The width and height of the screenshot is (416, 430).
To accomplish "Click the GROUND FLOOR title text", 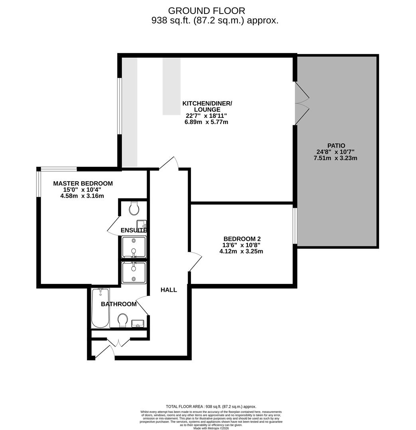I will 206,11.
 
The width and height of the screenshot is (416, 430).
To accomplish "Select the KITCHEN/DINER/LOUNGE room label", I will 207,106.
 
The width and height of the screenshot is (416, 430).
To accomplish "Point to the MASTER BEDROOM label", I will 83,184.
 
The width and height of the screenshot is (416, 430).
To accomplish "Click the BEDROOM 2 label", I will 242,239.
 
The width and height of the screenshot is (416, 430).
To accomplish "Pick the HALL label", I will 169,290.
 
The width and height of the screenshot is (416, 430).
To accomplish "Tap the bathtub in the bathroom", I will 100,308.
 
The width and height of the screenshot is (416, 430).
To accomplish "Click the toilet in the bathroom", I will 123,320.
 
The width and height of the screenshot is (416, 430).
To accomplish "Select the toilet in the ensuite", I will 134,208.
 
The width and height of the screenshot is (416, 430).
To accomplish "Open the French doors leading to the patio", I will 302,104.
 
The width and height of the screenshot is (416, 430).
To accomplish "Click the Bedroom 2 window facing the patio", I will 295,225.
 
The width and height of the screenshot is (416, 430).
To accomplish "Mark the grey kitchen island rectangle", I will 171,86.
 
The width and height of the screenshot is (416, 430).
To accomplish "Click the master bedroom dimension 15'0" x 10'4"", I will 83,190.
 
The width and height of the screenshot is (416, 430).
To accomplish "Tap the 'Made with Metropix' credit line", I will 211,428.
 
